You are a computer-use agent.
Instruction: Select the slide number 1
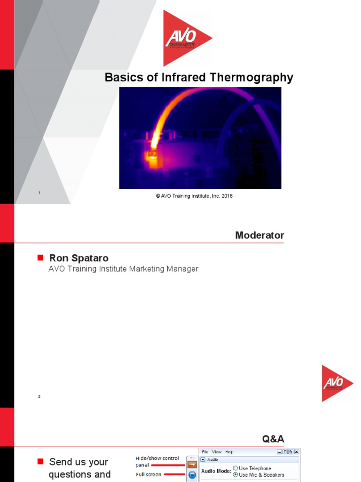pyautogui.click(x=39, y=193)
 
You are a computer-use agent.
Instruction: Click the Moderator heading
pyautogui.click(x=259, y=235)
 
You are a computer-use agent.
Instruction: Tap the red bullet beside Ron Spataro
pyautogui.click(x=40, y=257)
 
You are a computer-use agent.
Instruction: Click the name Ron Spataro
pyautogui.click(x=78, y=258)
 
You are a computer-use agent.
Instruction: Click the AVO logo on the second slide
pyautogui.click(x=336, y=383)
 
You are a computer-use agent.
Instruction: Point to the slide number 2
pyautogui.click(x=39, y=396)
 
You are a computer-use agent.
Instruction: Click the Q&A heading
pyautogui.click(x=273, y=439)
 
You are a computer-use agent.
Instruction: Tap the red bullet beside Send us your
pyautogui.click(x=40, y=461)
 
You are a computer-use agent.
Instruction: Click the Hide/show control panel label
pyautogui.click(x=157, y=461)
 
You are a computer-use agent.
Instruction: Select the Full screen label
pyautogui.click(x=149, y=474)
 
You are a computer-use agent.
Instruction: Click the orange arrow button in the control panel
pyautogui.click(x=192, y=465)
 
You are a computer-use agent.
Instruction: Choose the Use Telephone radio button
pyautogui.click(x=235, y=468)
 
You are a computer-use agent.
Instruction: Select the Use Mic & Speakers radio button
pyautogui.click(x=235, y=474)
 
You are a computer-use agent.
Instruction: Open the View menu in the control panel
pyautogui.click(x=216, y=452)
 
